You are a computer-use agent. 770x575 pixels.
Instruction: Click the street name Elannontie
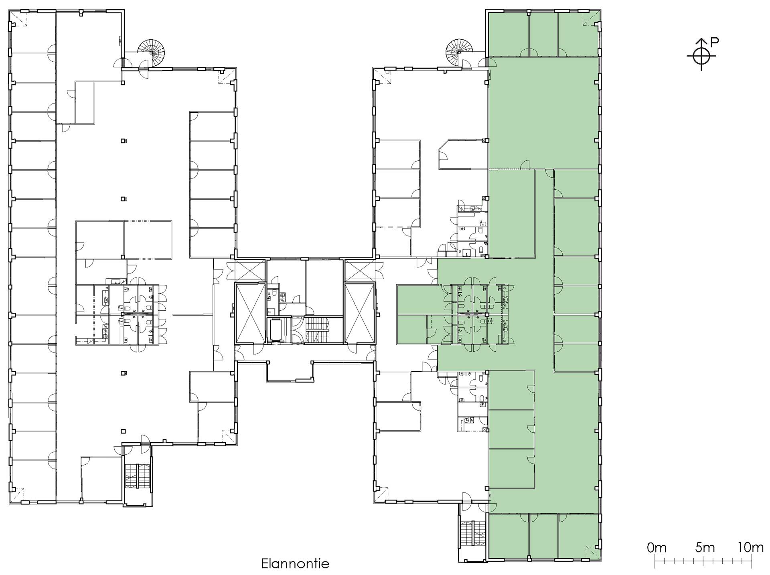(x=295, y=563)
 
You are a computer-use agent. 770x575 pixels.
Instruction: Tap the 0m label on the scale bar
(x=657, y=547)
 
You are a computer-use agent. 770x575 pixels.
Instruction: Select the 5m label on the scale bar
(x=705, y=547)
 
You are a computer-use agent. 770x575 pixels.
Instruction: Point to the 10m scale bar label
(x=750, y=547)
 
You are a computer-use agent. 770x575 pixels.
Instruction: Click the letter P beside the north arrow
(x=715, y=41)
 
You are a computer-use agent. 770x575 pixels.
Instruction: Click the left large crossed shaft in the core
(x=251, y=313)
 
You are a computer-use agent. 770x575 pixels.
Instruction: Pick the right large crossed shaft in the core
(x=359, y=313)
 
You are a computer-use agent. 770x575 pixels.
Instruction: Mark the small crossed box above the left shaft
(x=246, y=269)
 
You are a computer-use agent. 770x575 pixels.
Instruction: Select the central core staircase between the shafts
(x=317, y=330)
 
